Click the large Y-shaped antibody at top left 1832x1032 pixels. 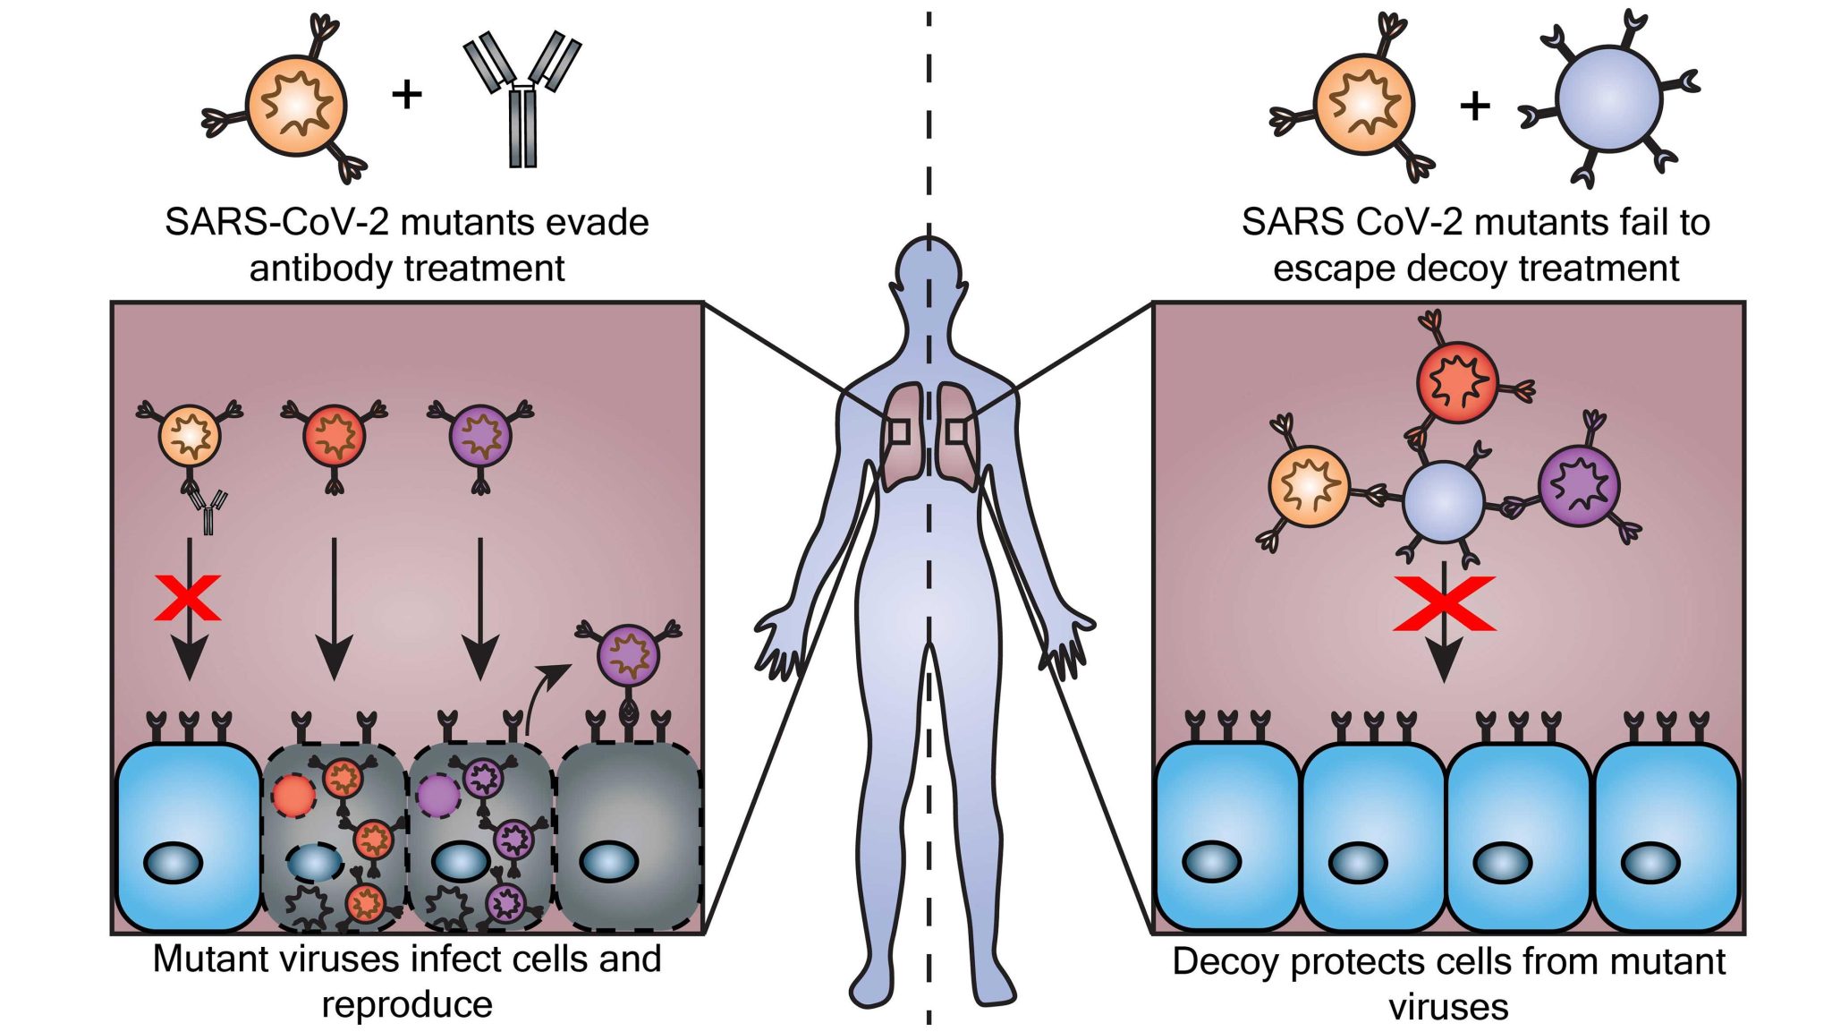point(522,98)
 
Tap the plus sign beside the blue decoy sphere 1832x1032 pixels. point(1475,106)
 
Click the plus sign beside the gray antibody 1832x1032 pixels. point(407,93)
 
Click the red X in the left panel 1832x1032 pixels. point(188,598)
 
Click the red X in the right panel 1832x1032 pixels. point(1444,603)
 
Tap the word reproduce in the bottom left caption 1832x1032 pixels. point(407,1004)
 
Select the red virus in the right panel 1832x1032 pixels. point(1457,382)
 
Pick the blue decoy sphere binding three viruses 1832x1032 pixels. point(1443,503)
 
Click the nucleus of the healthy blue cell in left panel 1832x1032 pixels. point(173,863)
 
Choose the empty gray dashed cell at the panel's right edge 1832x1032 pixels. point(630,836)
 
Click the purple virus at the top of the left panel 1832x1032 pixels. point(480,436)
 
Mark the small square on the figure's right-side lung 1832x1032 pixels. point(958,431)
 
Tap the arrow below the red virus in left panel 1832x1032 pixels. point(335,609)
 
